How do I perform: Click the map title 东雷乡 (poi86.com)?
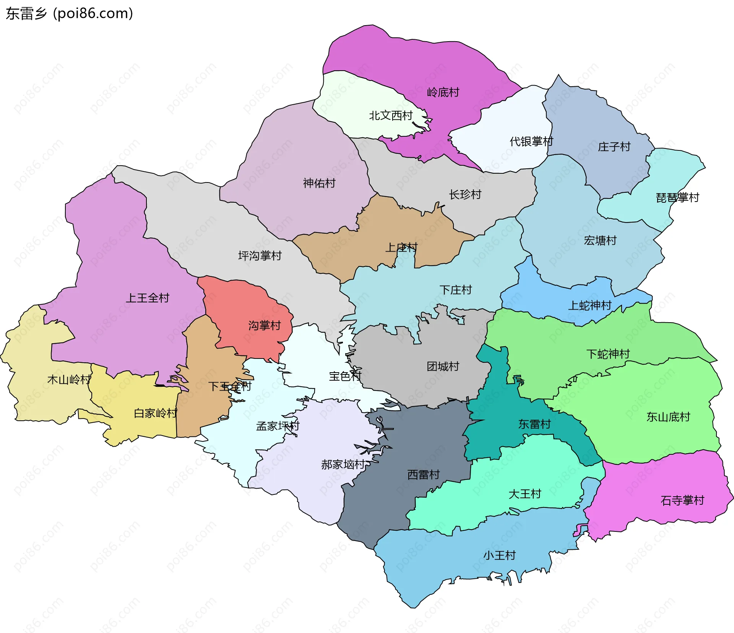pos(69,13)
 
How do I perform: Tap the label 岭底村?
pos(443,92)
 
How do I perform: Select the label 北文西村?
pos(390,115)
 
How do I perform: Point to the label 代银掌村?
pos(531,142)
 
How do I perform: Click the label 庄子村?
pos(614,147)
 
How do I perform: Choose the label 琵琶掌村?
pos(677,198)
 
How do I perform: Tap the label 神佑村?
pos(319,183)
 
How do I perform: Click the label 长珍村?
pos(464,195)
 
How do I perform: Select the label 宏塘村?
pos(600,241)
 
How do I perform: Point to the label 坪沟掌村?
pos(260,256)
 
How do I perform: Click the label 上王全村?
pos(147,298)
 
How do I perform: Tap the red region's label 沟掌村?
pos(264,326)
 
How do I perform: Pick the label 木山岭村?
pos(69,379)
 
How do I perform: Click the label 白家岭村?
pos(155,413)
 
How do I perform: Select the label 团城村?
pos(443,367)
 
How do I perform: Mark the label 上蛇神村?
pos(589,305)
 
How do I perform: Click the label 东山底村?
pos(668,417)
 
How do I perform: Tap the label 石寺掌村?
pos(682,501)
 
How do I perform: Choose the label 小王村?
pos(499,555)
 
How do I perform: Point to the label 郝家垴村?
pos(343,465)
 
